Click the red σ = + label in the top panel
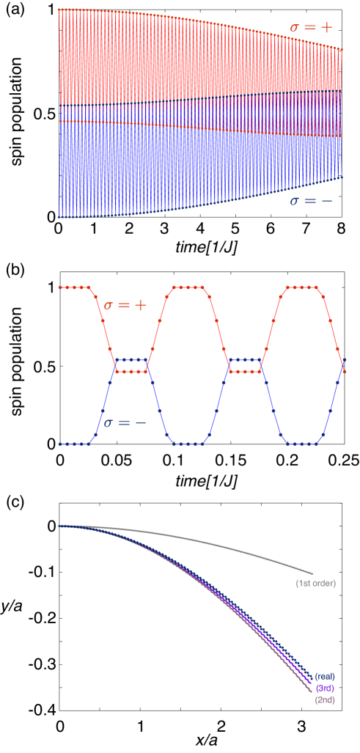click(x=310, y=28)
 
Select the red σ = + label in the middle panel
click(x=125, y=304)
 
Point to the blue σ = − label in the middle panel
click(x=125, y=423)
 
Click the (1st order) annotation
click(x=315, y=584)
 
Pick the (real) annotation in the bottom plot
click(x=324, y=675)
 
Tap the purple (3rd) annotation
click(x=324, y=688)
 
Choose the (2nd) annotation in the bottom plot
click(x=324, y=700)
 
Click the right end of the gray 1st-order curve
click(x=313, y=573)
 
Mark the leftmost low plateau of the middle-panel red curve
click(x=132, y=372)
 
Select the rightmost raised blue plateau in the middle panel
click(x=245, y=360)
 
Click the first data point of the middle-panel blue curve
click(x=60, y=444)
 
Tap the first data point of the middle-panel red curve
click(x=60, y=287)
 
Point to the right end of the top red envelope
click(x=342, y=49)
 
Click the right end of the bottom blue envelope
click(x=342, y=177)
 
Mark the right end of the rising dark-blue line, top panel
click(x=342, y=90)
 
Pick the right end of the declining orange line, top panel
click(x=342, y=137)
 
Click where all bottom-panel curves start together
click(x=60, y=526)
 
